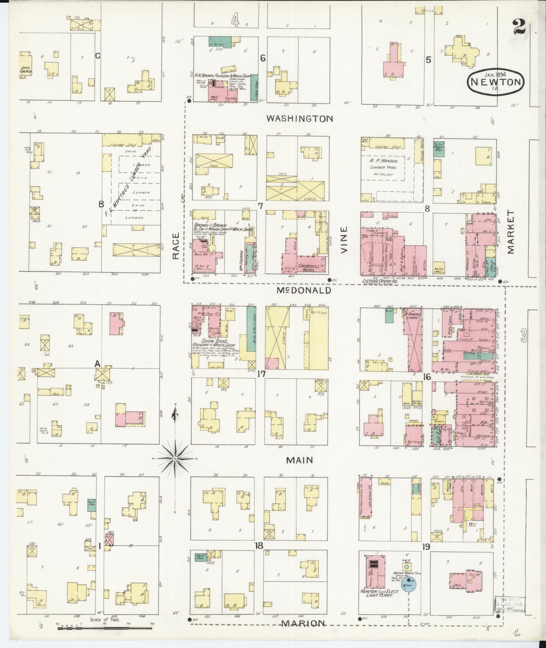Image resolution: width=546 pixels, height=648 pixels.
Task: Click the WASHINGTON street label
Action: [300, 118]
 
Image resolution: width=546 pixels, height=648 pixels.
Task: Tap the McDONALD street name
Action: [303, 290]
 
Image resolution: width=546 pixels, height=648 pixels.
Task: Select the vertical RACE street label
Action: [175, 246]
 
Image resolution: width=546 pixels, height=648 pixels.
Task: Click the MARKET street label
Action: [511, 232]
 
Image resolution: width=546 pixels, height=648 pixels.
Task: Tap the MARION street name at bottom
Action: [304, 623]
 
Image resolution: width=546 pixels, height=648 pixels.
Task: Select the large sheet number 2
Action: [519, 26]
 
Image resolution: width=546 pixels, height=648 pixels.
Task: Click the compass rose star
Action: [175, 459]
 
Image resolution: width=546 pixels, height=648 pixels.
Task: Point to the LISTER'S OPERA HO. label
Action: [379, 281]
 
